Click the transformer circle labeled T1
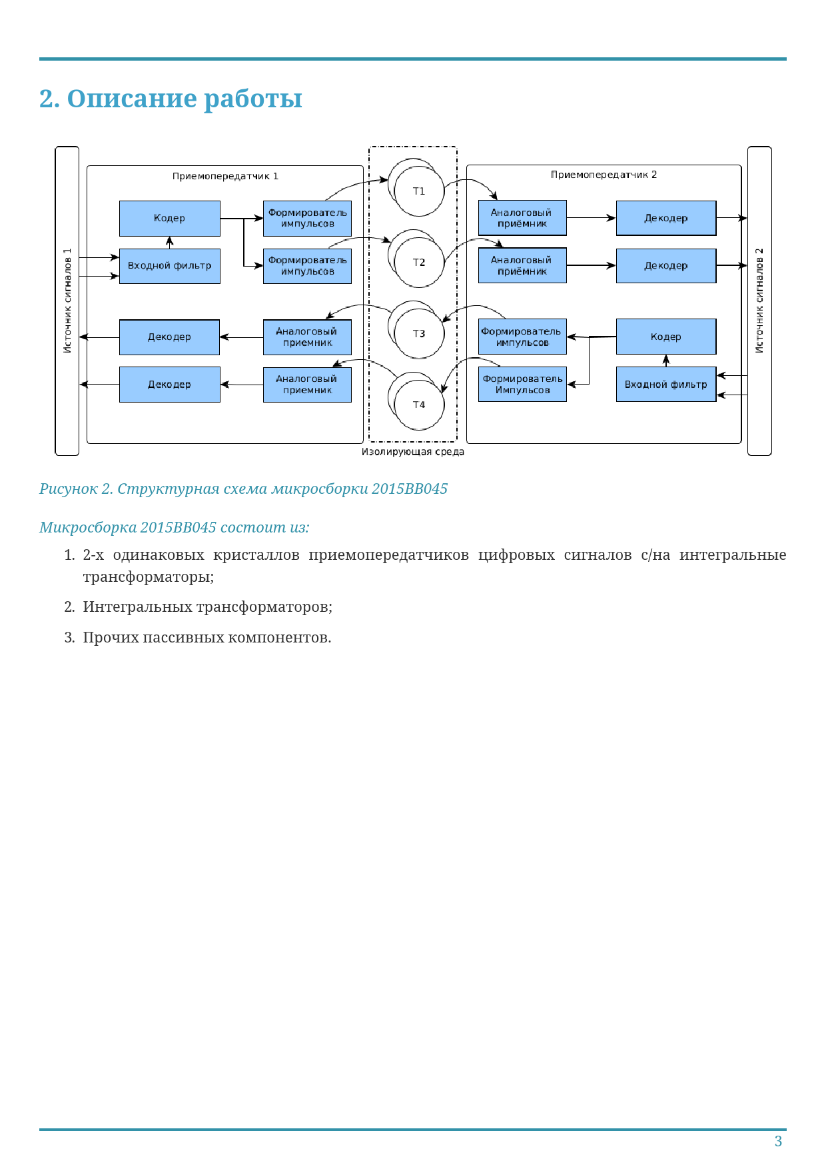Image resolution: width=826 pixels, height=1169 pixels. [x=418, y=191]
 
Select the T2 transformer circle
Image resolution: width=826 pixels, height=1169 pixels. [x=418, y=263]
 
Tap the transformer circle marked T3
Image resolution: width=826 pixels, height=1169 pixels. [x=418, y=333]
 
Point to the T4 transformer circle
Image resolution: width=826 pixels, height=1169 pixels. [x=418, y=405]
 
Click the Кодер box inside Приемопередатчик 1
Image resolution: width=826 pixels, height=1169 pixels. [x=169, y=218]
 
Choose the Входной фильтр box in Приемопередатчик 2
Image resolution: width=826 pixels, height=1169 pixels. [x=665, y=385]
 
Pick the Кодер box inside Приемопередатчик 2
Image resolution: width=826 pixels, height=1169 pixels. [x=665, y=337]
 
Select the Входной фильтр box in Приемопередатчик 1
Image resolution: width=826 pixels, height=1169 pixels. [x=169, y=265]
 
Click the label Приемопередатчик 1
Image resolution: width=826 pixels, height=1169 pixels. [x=225, y=177]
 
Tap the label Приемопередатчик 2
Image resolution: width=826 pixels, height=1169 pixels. [x=604, y=175]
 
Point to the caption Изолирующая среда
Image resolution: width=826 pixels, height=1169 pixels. [x=412, y=452]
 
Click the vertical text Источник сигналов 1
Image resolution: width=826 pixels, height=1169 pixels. [x=67, y=301]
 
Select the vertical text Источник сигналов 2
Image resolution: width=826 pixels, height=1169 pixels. [x=759, y=301]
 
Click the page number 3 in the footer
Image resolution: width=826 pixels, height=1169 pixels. [x=778, y=1142]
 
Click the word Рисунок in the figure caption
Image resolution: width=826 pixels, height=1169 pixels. [x=68, y=489]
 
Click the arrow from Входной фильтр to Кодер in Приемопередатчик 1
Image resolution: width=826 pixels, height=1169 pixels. [x=169, y=243]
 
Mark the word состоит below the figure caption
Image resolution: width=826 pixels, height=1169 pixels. [x=252, y=527]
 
